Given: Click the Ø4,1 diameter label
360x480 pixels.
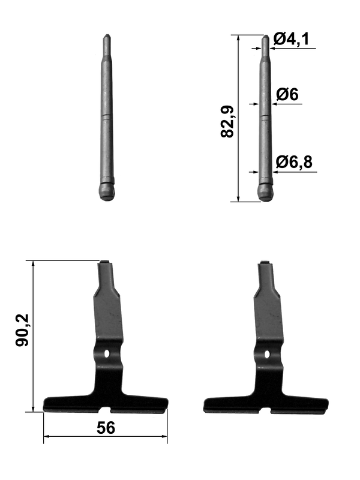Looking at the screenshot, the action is (x=291, y=39).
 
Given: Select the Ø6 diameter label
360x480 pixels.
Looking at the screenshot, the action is (x=287, y=94).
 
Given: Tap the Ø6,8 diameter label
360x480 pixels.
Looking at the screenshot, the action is (x=294, y=162).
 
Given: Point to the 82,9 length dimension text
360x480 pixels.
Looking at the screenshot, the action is (x=227, y=122).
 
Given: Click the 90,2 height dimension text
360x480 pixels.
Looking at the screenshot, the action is (x=22, y=330).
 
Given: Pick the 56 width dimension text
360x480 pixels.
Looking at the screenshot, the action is (x=106, y=428).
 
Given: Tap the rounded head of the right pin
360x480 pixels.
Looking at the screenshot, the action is (x=266, y=192).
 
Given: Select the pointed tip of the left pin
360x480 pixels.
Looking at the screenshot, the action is (x=107, y=35).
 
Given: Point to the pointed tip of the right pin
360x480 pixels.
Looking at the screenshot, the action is (x=266, y=36).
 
